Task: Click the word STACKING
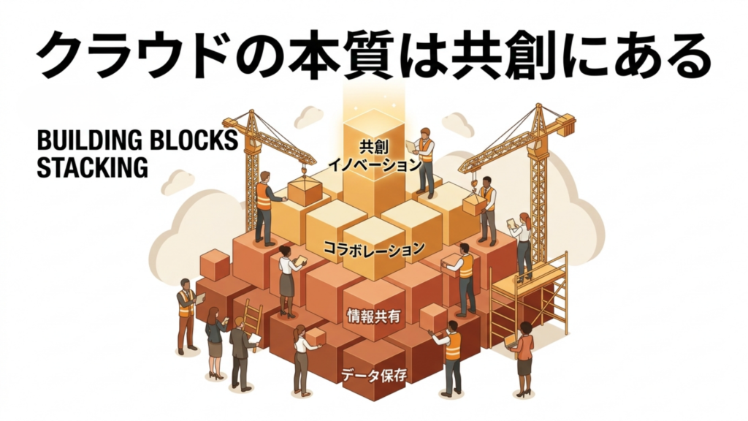[92, 167]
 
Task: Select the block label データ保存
[374, 375]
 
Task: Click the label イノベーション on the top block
[375, 164]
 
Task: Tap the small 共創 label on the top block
[373, 145]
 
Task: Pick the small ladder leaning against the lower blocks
[253, 322]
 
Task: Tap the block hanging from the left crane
[305, 191]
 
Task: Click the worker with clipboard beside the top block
[424, 162]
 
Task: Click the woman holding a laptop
[522, 359]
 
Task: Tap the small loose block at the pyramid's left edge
[215, 265]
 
